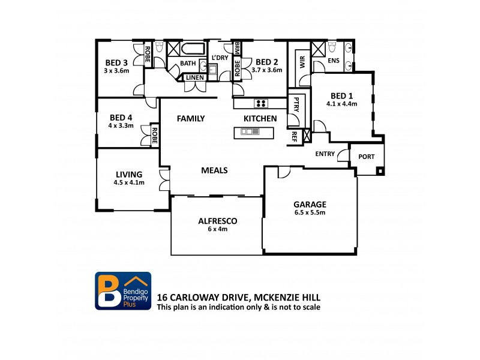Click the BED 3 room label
116,62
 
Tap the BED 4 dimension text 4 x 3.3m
121,126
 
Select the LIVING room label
129,175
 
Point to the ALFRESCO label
217,221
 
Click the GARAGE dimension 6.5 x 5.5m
310,212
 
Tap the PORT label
366,157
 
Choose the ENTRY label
325,154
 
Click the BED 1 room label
341,95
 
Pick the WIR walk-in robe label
302,62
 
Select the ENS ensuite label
333,61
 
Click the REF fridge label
295,136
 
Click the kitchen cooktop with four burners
260,103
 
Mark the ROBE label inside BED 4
154,136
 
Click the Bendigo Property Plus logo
123,291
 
